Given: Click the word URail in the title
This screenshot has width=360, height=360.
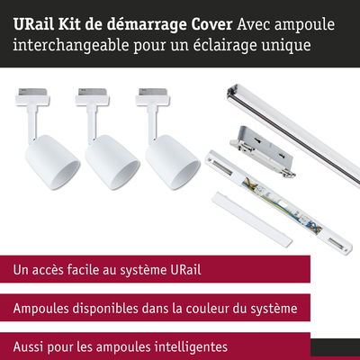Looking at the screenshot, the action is (33, 24).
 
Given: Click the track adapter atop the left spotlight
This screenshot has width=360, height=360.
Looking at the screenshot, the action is (32, 96).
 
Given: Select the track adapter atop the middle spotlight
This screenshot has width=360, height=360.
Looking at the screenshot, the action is (93, 96).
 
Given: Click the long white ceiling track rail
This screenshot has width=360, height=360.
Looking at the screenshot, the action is (293, 136).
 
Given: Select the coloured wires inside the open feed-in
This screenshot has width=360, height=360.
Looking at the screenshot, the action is (279, 205).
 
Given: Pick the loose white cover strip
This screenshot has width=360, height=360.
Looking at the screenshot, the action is (252, 220).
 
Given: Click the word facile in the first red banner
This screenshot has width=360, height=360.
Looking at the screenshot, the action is (83, 269).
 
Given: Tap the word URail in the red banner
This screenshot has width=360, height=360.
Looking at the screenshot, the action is (185, 269).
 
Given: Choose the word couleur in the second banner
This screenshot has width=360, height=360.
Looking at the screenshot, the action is (213, 309).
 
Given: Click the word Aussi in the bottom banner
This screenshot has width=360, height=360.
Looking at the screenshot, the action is (28, 347).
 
